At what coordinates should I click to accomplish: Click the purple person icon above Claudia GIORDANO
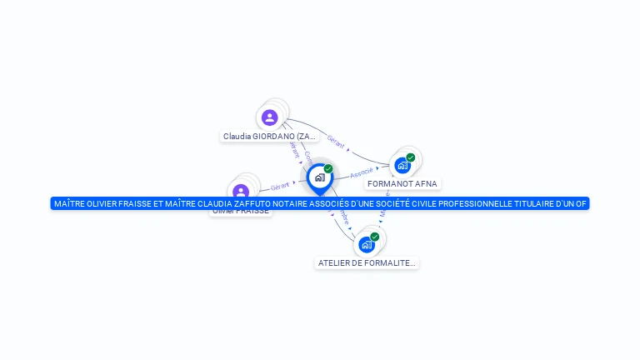tap(269, 117)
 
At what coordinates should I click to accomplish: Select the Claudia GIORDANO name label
tap(269, 136)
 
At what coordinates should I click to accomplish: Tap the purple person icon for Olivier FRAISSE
tap(241, 192)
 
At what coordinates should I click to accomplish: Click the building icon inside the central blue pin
tap(319, 177)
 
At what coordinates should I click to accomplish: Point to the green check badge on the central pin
tap(328, 169)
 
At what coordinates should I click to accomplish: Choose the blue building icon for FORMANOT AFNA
tap(402, 165)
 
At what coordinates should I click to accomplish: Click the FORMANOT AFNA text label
tap(402, 183)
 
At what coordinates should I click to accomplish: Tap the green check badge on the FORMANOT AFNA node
tap(411, 157)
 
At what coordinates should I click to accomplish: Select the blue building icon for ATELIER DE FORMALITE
tap(366, 244)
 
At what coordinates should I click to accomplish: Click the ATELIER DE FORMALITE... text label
tap(367, 262)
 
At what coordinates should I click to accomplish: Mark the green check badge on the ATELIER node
tap(375, 237)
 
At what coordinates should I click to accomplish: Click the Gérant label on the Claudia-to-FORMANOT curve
tap(337, 142)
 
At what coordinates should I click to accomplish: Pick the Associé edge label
tap(362, 172)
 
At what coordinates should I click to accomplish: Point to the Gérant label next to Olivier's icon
tap(280, 186)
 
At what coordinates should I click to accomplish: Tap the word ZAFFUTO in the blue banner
tap(217, 203)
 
